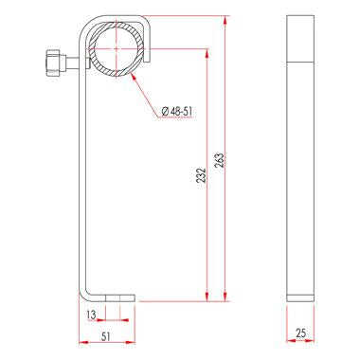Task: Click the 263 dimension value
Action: (221, 160)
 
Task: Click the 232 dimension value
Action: (202, 175)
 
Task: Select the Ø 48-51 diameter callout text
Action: (177, 111)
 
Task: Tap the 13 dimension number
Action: (91, 315)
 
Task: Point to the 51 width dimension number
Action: (106, 336)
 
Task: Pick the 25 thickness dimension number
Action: (300, 333)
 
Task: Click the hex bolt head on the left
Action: (56, 63)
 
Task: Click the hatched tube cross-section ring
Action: (117, 49)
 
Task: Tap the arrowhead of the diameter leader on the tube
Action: (133, 76)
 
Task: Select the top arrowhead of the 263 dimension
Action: (225, 20)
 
